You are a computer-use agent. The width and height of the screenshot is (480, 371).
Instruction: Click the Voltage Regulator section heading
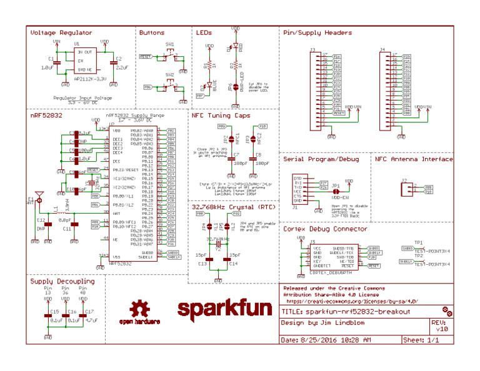click(x=61, y=32)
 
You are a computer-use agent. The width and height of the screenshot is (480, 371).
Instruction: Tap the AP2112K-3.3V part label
click(x=81, y=79)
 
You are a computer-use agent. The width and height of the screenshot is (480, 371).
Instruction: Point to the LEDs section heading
click(x=204, y=32)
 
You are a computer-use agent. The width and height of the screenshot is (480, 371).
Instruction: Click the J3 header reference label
click(x=312, y=49)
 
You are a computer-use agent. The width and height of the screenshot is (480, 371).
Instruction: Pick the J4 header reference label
click(x=382, y=49)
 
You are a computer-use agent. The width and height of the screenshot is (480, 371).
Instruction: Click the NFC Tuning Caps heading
click(x=221, y=116)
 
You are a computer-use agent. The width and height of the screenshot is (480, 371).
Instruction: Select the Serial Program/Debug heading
click(x=321, y=159)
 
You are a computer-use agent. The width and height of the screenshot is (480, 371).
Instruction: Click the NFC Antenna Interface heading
click(x=414, y=159)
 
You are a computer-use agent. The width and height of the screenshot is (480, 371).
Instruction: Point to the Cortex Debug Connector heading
click(x=325, y=229)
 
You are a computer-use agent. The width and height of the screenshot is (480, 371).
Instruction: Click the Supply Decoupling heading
click(x=62, y=281)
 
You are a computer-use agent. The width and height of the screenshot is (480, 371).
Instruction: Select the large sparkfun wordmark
click(x=224, y=309)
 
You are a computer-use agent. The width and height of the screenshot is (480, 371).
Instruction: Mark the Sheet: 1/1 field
click(x=421, y=340)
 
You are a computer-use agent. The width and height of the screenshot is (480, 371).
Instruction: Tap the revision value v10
click(x=442, y=329)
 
